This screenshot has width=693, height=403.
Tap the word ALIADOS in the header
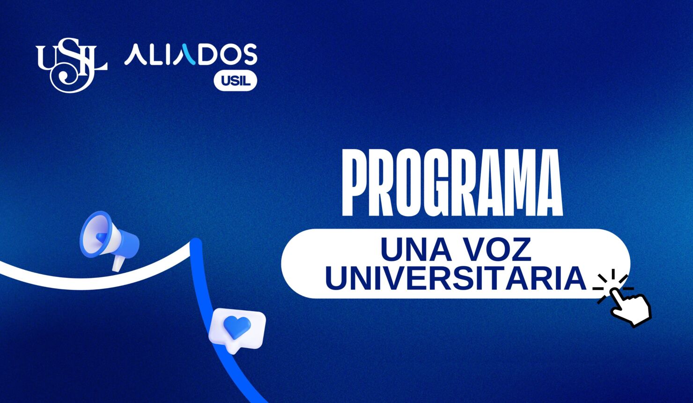pyautogui.click(x=190, y=55)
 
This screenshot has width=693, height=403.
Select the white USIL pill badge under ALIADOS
pyautogui.click(x=235, y=81)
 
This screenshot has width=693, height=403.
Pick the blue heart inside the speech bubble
pyautogui.click(x=237, y=326)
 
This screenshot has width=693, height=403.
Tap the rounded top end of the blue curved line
pyautogui.click(x=196, y=244)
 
